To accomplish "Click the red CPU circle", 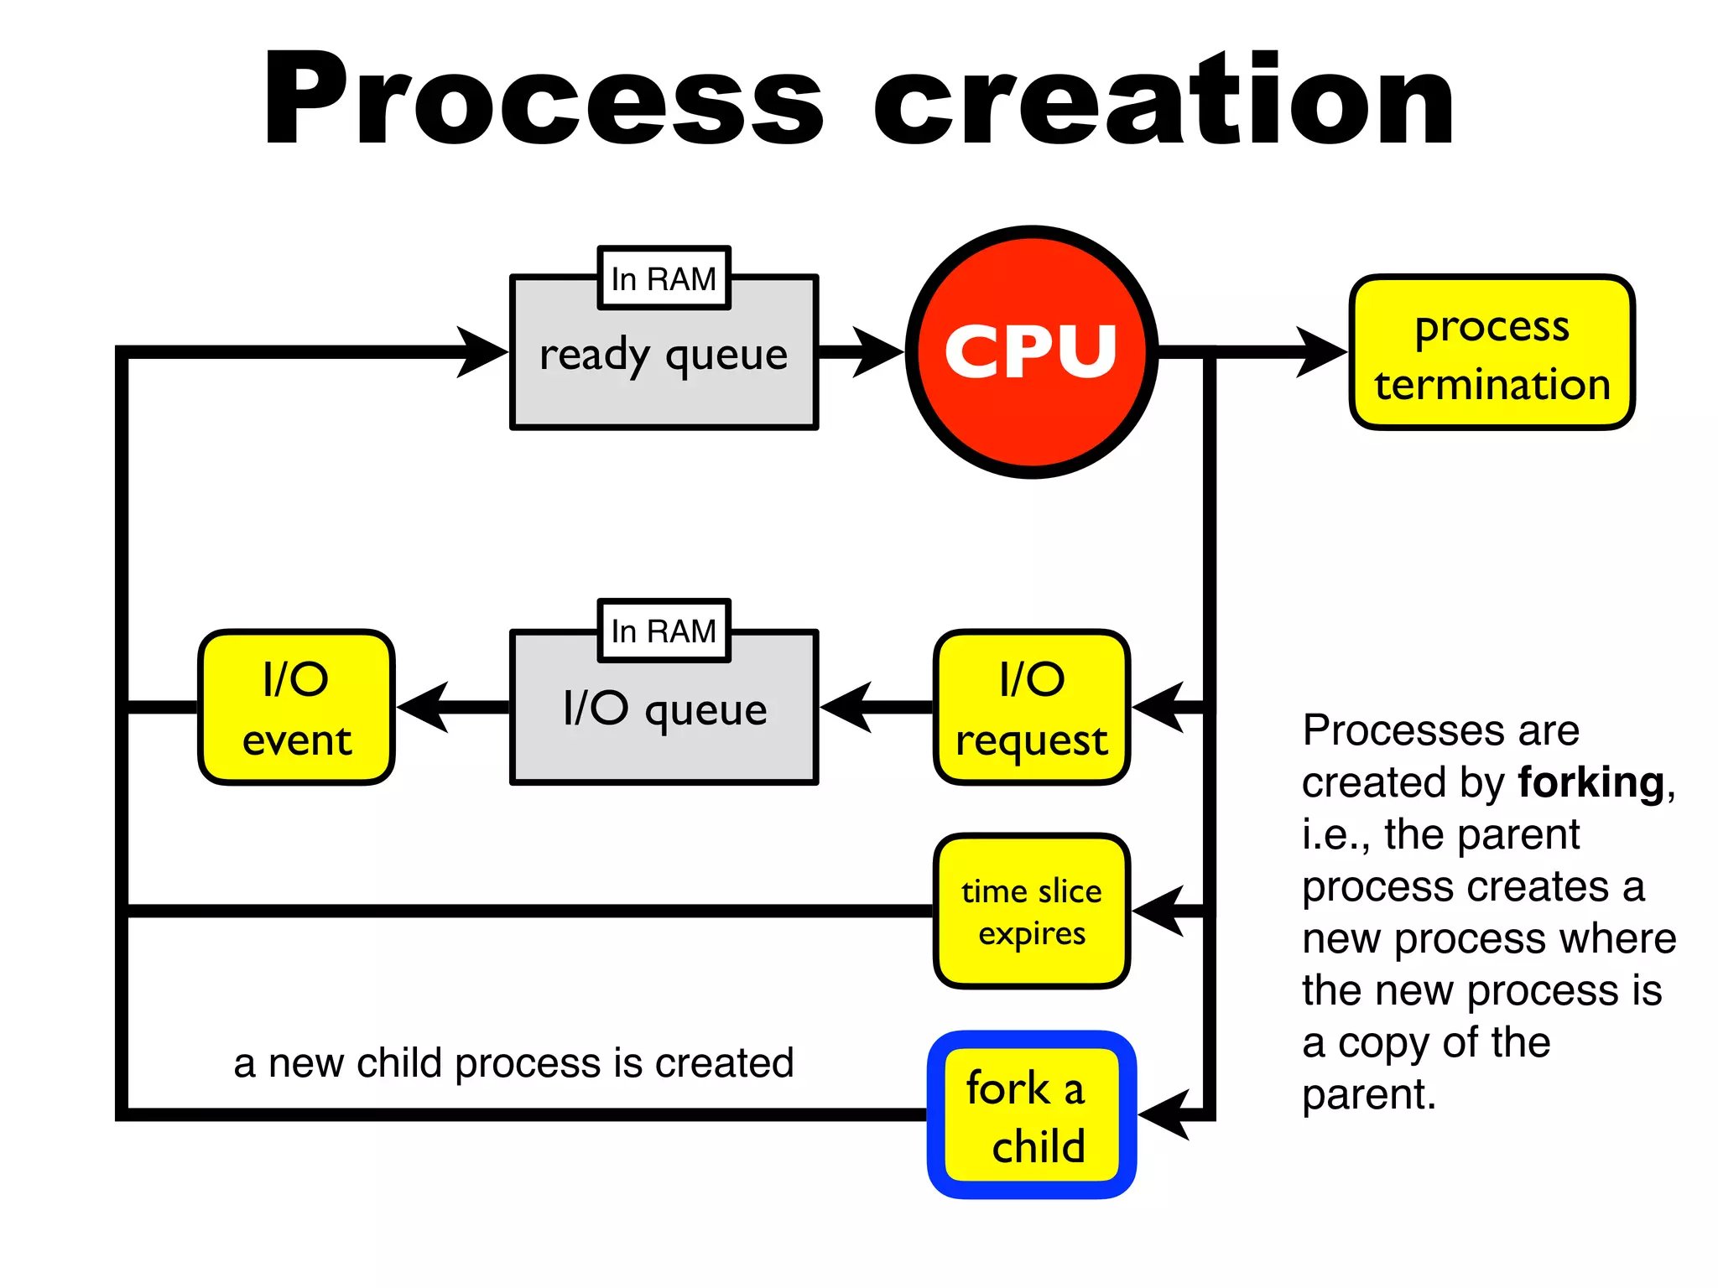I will click(1031, 352).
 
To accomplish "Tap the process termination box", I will click(1492, 353).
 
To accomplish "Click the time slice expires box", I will click(1031, 911).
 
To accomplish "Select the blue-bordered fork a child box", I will click(1031, 1115).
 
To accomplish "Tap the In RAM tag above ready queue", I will click(664, 278).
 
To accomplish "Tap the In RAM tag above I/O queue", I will click(664, 631).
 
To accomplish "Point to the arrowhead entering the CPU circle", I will click(878, 352).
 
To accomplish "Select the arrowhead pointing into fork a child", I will click(1164, 1115).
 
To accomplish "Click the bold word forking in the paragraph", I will click(1590, 782).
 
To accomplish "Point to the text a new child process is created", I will click(513, 1063).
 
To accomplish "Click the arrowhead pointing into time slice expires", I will click(1159, 911).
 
